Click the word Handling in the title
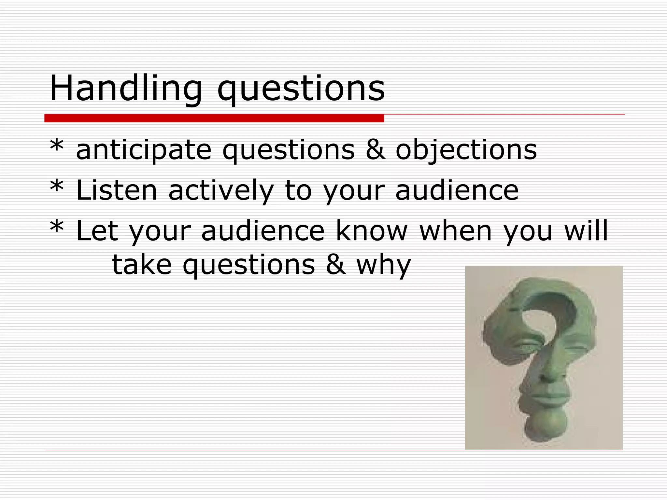tap(126, 89)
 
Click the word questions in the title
tap(301, 89)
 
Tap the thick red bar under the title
tap(214, 118)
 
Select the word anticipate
tap(144, 150)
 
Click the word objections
tap(466, 150)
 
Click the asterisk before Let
tap(57, 227)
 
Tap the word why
tap(384, 265)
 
